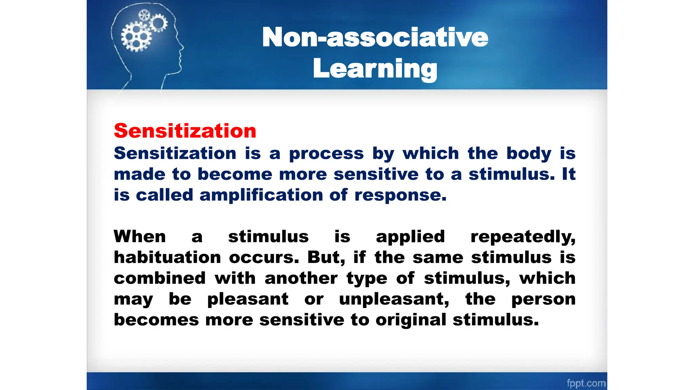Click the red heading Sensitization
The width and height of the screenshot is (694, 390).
[185, 131]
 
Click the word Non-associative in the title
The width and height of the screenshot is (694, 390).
[375, 37]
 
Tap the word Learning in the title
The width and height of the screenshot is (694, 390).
[375, 69]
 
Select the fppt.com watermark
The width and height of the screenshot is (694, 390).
[586, 383]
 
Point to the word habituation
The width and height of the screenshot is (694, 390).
[167, 258]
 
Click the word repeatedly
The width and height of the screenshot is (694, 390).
[523, 237]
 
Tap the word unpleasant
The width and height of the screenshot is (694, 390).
[394, 299]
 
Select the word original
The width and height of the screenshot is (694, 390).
[411, 320]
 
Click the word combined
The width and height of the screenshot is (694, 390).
[160, 278]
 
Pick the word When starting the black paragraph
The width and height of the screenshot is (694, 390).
[140, 236]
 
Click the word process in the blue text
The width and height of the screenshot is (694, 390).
[326, 153]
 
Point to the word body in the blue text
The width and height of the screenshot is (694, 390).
[529, 153]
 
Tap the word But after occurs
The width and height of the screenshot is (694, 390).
[326, 257]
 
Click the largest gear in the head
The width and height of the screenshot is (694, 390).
[136, 37]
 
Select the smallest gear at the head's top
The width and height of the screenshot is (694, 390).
[144, 15]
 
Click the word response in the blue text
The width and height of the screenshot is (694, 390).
[400, 195]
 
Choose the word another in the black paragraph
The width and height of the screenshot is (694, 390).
[301, 278]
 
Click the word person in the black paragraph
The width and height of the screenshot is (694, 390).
[543, 299]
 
